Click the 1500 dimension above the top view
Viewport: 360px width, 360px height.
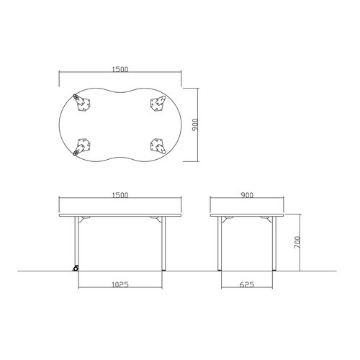coord(120,69)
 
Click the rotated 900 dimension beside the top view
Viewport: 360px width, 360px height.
coord(196,125)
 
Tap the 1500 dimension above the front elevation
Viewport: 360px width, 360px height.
coord(120,195)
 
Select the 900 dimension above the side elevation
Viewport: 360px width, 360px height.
coord(247,195)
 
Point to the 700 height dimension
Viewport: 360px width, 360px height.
coord(297,243)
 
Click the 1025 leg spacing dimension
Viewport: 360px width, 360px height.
coord(120,284)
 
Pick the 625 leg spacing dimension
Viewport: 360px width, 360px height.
coord(247,284)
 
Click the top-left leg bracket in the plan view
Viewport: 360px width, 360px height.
coord(82,102)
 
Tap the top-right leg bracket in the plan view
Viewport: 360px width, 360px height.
coord(158,103)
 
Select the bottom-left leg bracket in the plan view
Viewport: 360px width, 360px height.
coord(82,147)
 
